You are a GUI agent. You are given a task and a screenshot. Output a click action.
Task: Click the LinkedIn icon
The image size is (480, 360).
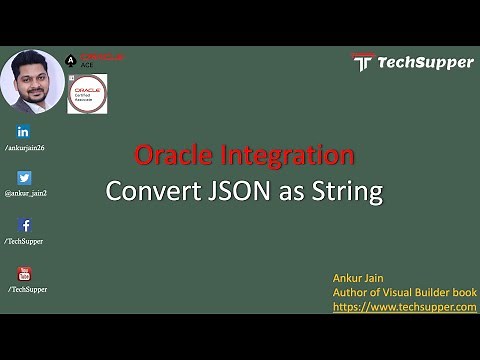(24, 132)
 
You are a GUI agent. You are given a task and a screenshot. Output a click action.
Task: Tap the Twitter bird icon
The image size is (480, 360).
(24, 178)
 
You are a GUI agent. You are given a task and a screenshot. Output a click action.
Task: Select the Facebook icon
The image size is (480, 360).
(24, 225)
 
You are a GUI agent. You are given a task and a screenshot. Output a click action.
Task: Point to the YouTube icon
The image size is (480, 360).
(24, 273)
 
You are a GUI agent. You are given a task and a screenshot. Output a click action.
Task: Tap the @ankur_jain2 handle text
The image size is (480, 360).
(27, 194)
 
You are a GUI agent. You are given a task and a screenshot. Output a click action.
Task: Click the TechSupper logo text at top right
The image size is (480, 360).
(425, 62)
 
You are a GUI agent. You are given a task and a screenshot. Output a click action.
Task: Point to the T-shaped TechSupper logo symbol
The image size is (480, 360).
(363, 62)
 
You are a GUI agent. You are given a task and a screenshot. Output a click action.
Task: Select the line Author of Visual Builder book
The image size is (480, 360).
(403, 291)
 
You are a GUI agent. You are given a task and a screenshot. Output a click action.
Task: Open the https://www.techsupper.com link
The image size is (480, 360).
(404, 306)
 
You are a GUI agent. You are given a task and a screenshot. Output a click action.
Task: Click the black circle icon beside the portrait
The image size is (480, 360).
(67, 60)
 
